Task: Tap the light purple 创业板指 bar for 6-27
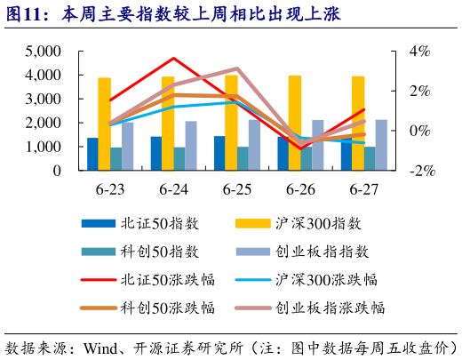(381, 144)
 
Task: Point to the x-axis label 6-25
(237, 189)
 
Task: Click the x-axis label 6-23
(110, 189)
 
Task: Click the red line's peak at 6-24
(174, 59)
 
